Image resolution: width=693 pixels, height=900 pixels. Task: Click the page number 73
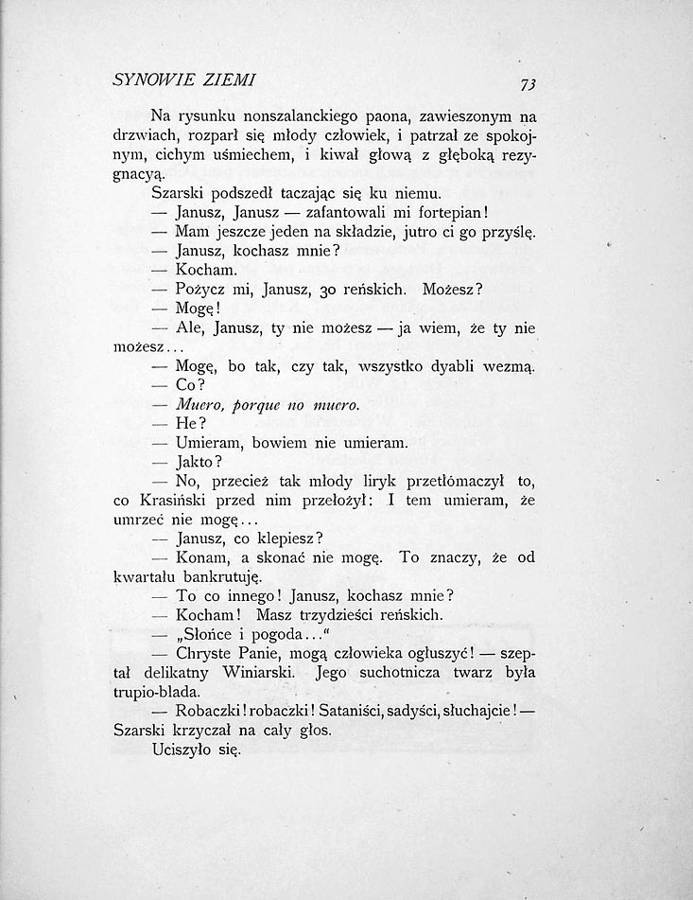[528, 84]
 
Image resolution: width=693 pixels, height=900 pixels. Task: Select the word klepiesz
[280, 538]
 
